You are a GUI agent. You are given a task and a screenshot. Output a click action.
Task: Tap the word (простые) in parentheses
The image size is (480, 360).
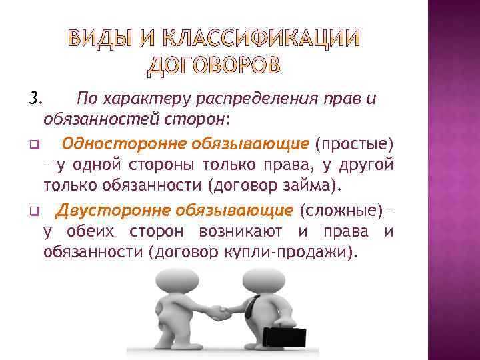(355, 143)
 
